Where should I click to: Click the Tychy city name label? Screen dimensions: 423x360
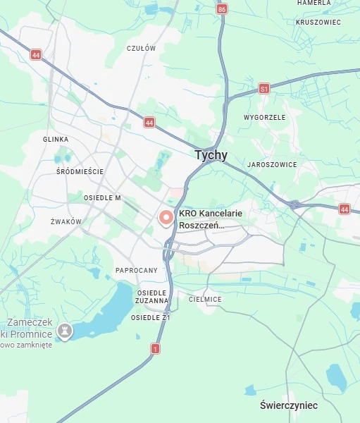pyautogui.click(x=211, y=156)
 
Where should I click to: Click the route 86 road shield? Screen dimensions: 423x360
pyautogui.click(x=223, y=9)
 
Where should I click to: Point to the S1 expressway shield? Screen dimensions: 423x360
pyautogui.click(x=264, y=89)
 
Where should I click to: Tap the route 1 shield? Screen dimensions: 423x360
pyautogui.click(x=155, y=348)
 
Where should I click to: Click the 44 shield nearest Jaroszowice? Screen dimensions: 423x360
pyautogui.click(x=344, y=209)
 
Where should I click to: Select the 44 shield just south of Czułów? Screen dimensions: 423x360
pyautogui.click(x=149, y=122)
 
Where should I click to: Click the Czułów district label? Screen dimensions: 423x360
pyautogui.click(x=140, y=48)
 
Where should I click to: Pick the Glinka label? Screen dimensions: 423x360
pyautogui.click(x=56, y=140)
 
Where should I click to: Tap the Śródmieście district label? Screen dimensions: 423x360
pyautogui.click(x=80, y=171)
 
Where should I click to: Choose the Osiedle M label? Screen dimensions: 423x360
pyautogui.click(x=102, y=198)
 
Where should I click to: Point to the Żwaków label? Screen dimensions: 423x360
pyautogui.click(x=66, y=221)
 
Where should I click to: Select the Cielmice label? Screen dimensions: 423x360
pyautogui.click(x=205, y=299)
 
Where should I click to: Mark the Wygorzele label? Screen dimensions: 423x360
pyautogui.click(x=264, y=117)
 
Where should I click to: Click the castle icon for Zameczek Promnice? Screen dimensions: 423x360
pyautogui.click(x=65, y=330)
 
